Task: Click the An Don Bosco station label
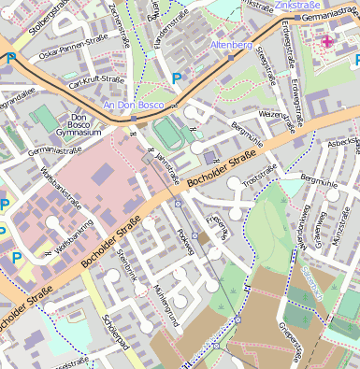133,106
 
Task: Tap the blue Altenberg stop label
233,45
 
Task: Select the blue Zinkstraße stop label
296,6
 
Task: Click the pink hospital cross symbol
327,41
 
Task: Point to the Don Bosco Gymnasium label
79,125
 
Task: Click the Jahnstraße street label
166,163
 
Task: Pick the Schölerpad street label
115,331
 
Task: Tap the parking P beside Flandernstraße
177,78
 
